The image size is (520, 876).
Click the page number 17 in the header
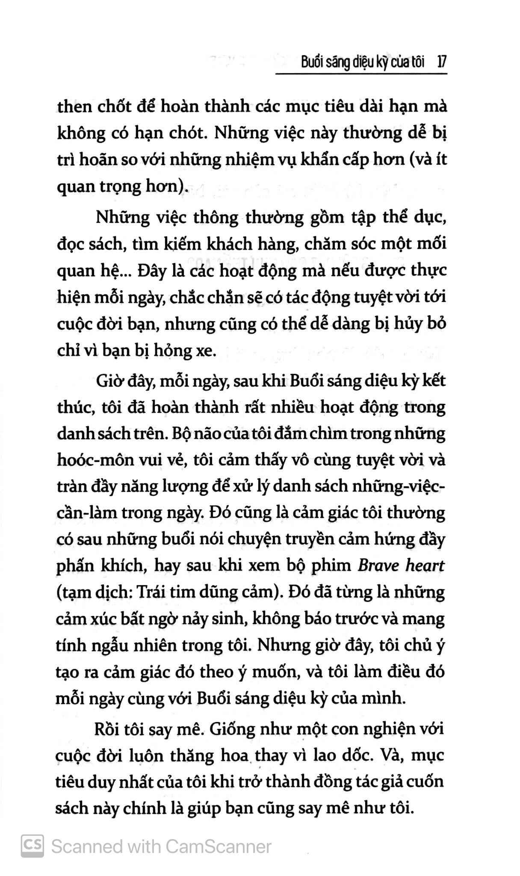(x=441, y=62)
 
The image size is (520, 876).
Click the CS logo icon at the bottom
(x=32, y=846)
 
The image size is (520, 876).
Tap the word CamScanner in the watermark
(x=218, y=846)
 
